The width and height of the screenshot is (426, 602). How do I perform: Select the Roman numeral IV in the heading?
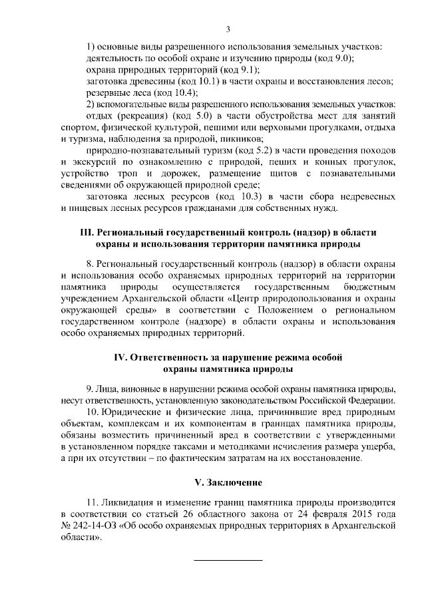pyautogui.click(x=122, y=357)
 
